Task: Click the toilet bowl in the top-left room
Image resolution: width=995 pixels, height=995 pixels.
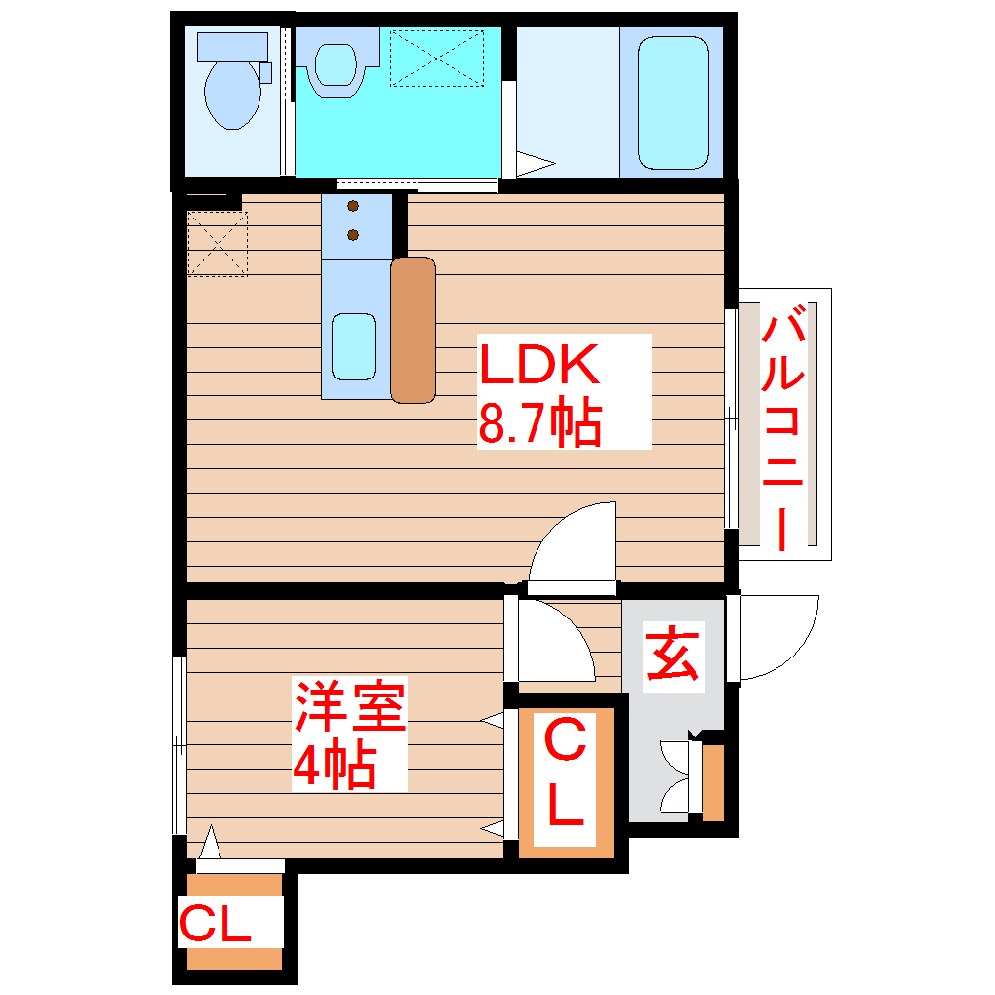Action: (232, 96)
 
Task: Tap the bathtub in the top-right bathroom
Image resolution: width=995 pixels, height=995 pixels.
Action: (672, 102)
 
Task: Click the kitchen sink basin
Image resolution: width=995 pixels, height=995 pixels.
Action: (352, 346)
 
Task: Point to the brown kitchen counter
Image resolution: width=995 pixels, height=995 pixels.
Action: (413, 330)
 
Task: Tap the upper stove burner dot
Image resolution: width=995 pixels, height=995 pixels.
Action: (352, 206)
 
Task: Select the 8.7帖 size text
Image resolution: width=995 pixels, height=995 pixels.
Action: (539, 423)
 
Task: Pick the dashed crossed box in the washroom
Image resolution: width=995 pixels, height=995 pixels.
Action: (436, 58)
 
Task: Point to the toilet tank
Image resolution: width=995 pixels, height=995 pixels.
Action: (232, 46)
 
